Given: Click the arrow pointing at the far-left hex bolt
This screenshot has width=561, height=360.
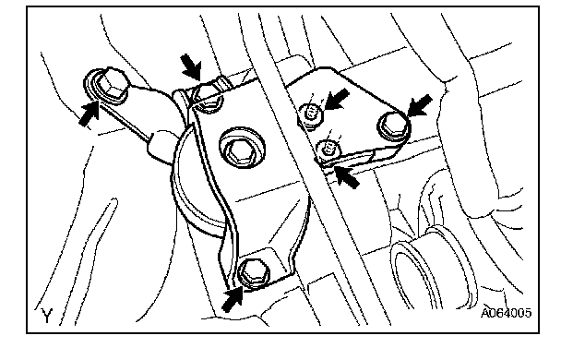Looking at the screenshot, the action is coord(89,114).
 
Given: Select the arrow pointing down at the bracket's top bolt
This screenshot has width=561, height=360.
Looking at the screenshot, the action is coord(192,66).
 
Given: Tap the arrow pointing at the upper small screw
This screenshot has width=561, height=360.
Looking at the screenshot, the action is coord(336,99).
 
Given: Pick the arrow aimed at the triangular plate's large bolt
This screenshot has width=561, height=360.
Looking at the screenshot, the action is coord(420,105).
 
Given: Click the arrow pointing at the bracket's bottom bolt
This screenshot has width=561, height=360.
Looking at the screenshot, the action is coord(233,299).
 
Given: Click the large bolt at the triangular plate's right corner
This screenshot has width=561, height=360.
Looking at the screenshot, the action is coord(393,126).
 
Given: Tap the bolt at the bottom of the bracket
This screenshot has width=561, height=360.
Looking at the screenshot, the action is coord(254,273).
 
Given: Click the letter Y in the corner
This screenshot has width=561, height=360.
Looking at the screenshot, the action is coord(47,315).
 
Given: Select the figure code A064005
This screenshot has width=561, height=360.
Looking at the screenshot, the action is coord(506,312).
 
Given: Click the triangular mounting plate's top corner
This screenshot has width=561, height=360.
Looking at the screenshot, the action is coord(329,68).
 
